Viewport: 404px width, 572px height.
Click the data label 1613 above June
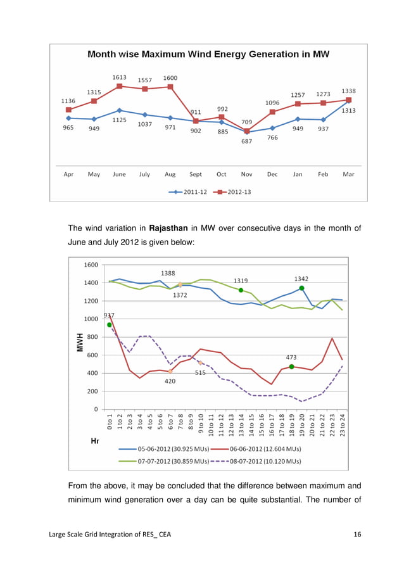[x=120, y=77]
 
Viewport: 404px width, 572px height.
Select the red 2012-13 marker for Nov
[x=247, y=131]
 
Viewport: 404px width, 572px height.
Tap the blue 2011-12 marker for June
[x=119, y=110]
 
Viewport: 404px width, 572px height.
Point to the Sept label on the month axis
[x=196, y=174]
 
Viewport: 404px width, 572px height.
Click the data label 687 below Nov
[x=246, y=141]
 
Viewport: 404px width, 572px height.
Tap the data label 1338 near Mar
[x=348, y=91]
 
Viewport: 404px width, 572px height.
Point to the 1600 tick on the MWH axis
[x=91, y=264]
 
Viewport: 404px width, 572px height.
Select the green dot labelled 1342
[x=301, y=288]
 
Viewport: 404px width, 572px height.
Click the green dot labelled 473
[x=291, y=367]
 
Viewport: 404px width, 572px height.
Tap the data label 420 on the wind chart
[x=170, y=381]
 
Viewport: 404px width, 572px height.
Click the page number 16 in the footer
[x=358, y=535]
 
